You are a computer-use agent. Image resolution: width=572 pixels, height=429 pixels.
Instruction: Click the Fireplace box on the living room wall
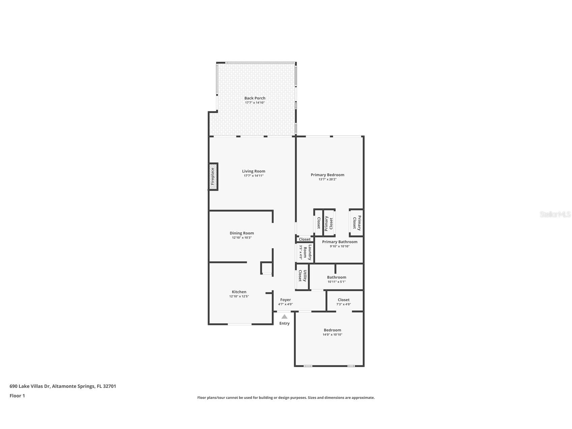point(213,176)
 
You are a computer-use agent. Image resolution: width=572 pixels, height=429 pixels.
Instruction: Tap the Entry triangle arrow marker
point(284,317)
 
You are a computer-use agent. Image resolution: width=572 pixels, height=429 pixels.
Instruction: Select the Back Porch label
point(255,98)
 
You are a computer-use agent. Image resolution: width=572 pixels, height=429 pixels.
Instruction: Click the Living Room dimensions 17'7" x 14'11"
point(253,176)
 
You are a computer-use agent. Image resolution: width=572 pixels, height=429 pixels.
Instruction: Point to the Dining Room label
point(242,233)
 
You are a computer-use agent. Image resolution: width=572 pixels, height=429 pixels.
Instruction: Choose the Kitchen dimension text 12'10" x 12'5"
point(239,296)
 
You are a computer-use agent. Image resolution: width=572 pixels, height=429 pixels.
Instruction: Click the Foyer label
point(285,300)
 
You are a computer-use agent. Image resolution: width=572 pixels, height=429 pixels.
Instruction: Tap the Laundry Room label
point(307,252)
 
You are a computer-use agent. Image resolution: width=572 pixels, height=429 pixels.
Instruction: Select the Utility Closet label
point(302,276)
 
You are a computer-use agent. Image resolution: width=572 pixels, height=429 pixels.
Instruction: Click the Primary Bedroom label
point(327,175)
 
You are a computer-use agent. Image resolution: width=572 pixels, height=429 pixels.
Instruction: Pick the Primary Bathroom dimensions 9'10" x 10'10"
point(339,246)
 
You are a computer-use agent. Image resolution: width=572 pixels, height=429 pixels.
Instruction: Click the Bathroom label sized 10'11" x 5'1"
point(336,277)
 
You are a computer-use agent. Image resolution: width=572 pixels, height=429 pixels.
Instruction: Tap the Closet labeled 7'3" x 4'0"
point(343,300)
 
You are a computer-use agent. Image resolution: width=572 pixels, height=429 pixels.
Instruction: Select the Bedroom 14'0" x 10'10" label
point(332,330)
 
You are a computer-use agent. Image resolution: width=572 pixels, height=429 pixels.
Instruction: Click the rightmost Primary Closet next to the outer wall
point(357,223)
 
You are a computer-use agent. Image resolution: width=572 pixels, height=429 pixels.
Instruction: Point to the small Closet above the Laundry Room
point(305,239)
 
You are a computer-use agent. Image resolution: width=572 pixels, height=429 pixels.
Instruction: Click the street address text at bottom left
point(63,386)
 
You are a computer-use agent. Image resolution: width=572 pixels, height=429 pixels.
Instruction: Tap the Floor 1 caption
point(17,396)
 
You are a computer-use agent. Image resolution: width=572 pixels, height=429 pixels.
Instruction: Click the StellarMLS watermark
point(555,214)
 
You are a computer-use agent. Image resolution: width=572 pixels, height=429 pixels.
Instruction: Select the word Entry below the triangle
point(284,323)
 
